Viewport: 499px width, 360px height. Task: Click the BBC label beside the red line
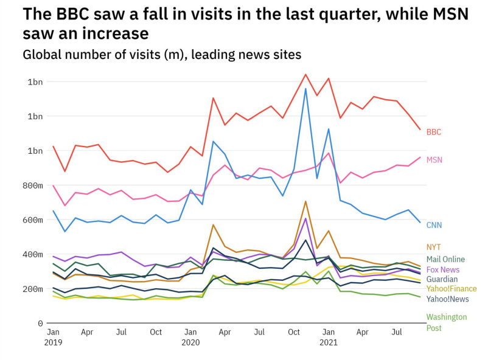433,132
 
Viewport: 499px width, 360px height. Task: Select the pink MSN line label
434,160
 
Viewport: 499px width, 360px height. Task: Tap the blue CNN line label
434,225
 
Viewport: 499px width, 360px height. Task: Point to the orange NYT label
433,247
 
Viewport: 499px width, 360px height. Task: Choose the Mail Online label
445,259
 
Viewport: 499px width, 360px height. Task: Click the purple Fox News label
443,269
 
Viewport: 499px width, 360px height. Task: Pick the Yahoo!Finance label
451,289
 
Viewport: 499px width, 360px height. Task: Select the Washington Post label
446,322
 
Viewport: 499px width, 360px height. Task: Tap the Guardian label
442,279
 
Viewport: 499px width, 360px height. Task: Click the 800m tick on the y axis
30,185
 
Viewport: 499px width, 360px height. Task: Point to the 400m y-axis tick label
30,254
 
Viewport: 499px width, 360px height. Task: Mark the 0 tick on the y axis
40,324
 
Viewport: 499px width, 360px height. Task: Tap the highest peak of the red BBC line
305,74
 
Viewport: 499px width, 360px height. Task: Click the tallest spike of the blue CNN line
305,89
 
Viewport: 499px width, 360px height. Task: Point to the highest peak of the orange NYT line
305,201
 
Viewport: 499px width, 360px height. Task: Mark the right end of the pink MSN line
420,157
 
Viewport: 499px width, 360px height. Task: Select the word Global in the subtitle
42,55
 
